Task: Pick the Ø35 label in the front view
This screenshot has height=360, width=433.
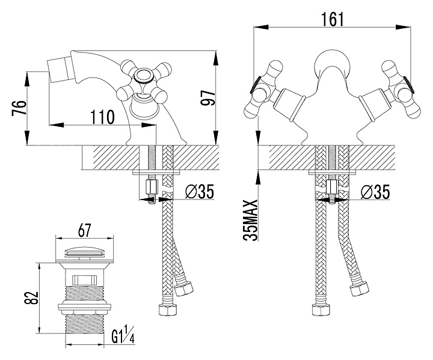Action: pos(376,192)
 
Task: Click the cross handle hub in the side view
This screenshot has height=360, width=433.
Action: pos(144,76)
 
